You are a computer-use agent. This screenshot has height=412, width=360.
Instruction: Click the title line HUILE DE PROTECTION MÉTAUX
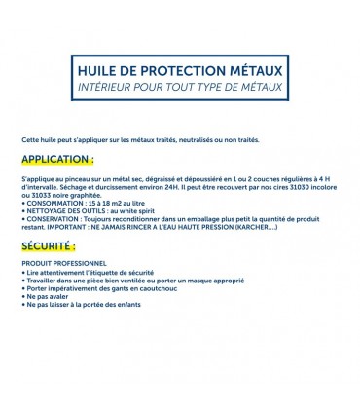coord(179,71)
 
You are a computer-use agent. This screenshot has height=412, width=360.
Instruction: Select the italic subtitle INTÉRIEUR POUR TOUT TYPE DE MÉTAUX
coord(179,87)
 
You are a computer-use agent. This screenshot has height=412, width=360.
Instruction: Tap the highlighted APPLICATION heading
coord(57,158)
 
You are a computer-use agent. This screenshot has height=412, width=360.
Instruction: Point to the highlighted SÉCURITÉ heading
coord(49,248)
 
